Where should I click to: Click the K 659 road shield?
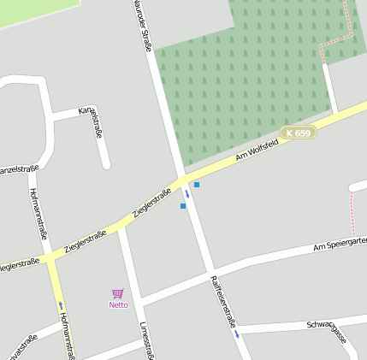point(299,133)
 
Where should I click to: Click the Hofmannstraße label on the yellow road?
point(67,334)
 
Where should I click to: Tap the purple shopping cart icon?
point(118,293)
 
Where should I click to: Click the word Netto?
point(118,304)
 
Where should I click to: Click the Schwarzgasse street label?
point(327,330)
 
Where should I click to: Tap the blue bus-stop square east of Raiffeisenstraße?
point(197,185)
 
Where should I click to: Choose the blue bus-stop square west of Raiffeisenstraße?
point(183,206)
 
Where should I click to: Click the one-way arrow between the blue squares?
point(187,193)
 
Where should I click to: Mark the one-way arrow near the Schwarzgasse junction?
point(237,333)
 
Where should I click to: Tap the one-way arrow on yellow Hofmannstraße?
point(61,304)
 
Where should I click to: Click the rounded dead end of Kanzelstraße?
point(106,163)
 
